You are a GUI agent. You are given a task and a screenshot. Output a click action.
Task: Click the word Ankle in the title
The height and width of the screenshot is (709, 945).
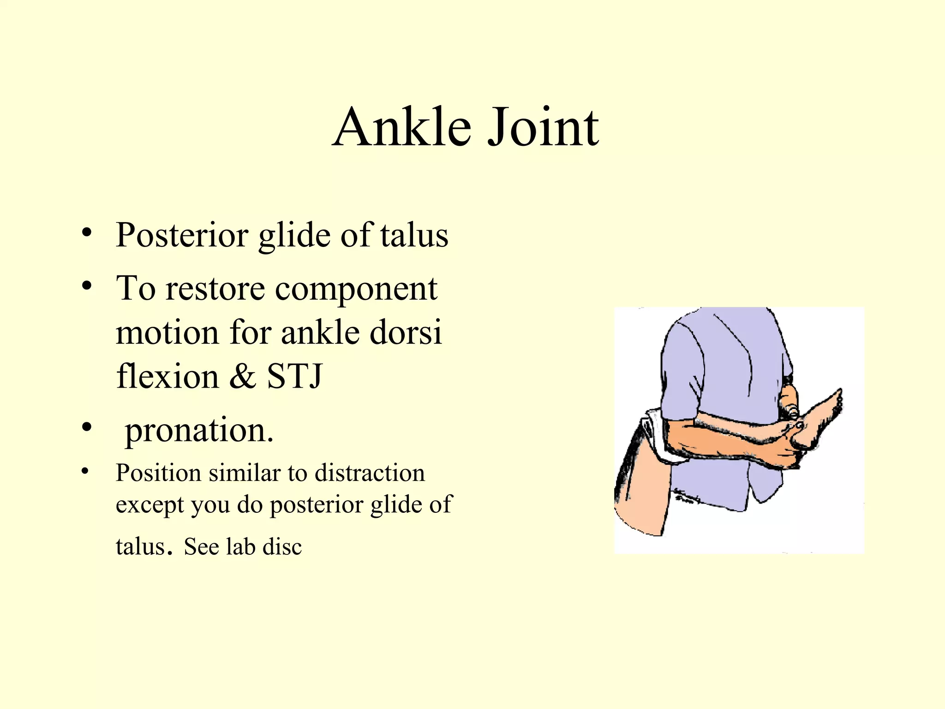(x=402, y=127)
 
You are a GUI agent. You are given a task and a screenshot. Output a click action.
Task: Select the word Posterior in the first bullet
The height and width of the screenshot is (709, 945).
(x=182, y=235)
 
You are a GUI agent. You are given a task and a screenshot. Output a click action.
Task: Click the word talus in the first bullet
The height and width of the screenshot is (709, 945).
(x=414, y=235)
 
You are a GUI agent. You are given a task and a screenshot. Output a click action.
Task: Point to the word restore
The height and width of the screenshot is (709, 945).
(x=215, y=289)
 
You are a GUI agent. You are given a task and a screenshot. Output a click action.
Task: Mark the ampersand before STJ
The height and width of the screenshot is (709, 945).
(x=242, y=376)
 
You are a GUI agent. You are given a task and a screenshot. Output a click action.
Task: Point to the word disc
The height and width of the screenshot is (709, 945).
(x=282, y=547)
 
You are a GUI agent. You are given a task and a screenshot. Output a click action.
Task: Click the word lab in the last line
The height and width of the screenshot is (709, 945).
(x=240, y=547)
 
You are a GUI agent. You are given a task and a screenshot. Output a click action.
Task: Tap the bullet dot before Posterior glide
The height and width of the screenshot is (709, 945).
(x=86, y=233)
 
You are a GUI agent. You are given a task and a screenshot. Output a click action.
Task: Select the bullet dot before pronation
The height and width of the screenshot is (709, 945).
(x=86, y=427)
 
